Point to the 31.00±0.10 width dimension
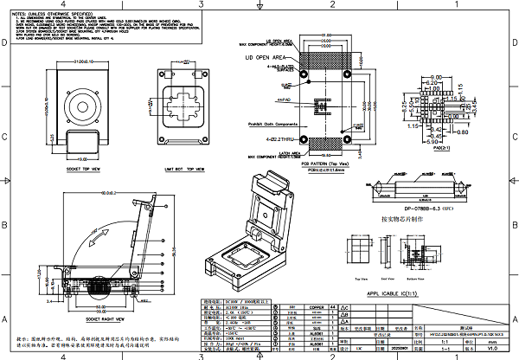click(x=83, y=61)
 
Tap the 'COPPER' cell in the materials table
click(x=317, y=307)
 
